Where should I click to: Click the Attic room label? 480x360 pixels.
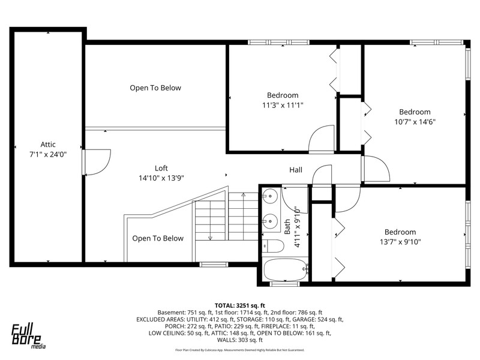click(48, 145)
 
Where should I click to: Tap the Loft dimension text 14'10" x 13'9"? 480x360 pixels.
click(161, 178)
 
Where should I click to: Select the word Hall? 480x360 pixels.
click(296, 170)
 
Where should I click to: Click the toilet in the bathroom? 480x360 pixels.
click(274, 246)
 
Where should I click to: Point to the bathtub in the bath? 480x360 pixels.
click(286, 269)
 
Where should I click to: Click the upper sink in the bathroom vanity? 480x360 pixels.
click(271, 196)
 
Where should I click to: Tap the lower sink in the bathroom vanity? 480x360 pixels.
click(271, 220)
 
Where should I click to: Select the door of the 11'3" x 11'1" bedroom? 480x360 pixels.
click(322, 139)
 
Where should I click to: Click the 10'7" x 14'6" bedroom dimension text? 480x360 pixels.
click(415, 122)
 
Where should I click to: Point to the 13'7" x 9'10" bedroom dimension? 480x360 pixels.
click(400, 242)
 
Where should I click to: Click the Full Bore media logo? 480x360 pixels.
click(28, 336)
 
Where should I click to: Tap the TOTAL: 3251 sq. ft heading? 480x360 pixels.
click(239, 305)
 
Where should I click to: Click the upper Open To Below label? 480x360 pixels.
click(155, 88)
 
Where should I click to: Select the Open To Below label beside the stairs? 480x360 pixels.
click(158, 238)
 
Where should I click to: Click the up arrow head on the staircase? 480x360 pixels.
click(244, 194)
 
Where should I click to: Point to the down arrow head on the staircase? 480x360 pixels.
click(211, 238)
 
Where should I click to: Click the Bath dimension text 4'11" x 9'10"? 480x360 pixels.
click(297, 227)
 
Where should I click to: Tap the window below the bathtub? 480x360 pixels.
click(284, 284)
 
